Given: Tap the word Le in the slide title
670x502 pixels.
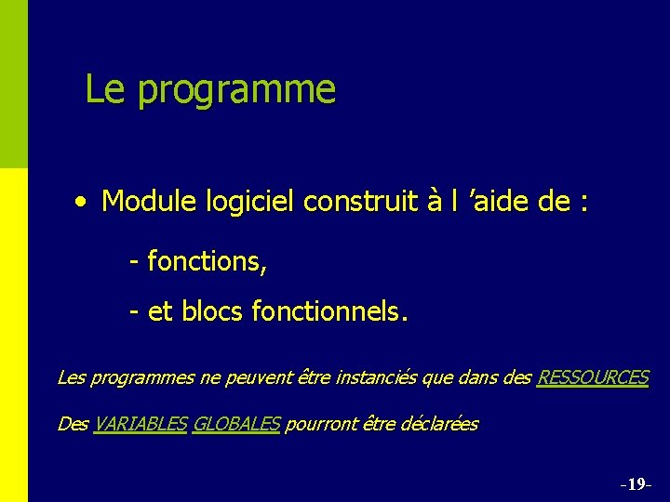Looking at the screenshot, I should point(105,89).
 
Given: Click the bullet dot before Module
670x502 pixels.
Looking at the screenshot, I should point(84,200).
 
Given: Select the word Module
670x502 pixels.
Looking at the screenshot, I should point(144,200).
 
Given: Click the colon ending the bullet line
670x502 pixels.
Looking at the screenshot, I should point(583,202).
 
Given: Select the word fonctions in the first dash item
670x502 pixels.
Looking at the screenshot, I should point(205,262).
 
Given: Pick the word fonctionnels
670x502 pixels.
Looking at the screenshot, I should point(328,312).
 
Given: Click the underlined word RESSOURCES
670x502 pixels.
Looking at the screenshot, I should point(593,377).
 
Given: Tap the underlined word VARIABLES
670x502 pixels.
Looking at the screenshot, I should point(140,424).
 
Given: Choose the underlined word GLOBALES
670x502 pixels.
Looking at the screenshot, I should point(235,424).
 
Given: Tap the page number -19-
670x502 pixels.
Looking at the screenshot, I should point(636,484).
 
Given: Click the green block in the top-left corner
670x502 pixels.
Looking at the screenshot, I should point(14,84).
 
